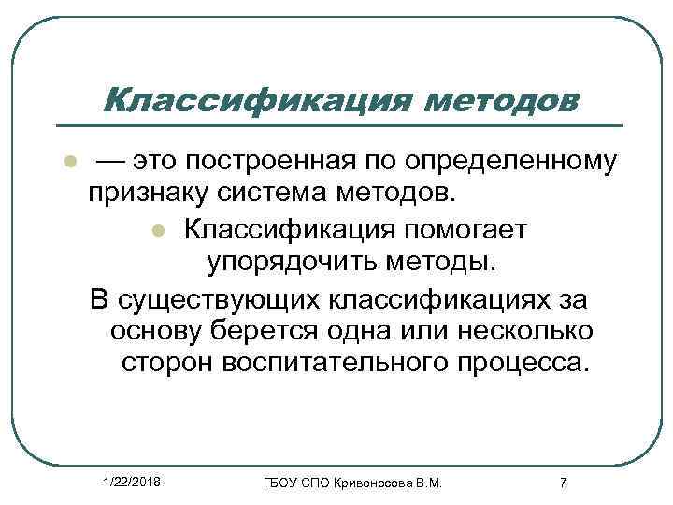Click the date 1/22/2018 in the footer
[x=131, y=480]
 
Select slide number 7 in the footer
[x=562, y=482]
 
